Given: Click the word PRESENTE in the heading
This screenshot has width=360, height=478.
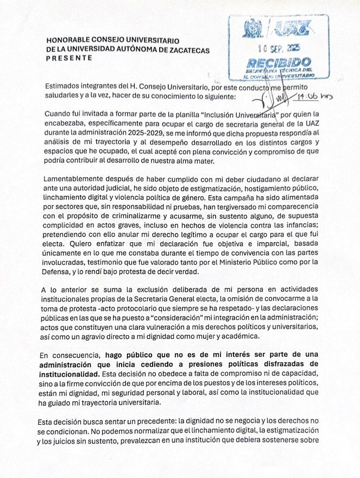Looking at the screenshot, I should click(70, 59).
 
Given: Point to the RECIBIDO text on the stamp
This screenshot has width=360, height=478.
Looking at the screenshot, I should click(279, 62).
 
